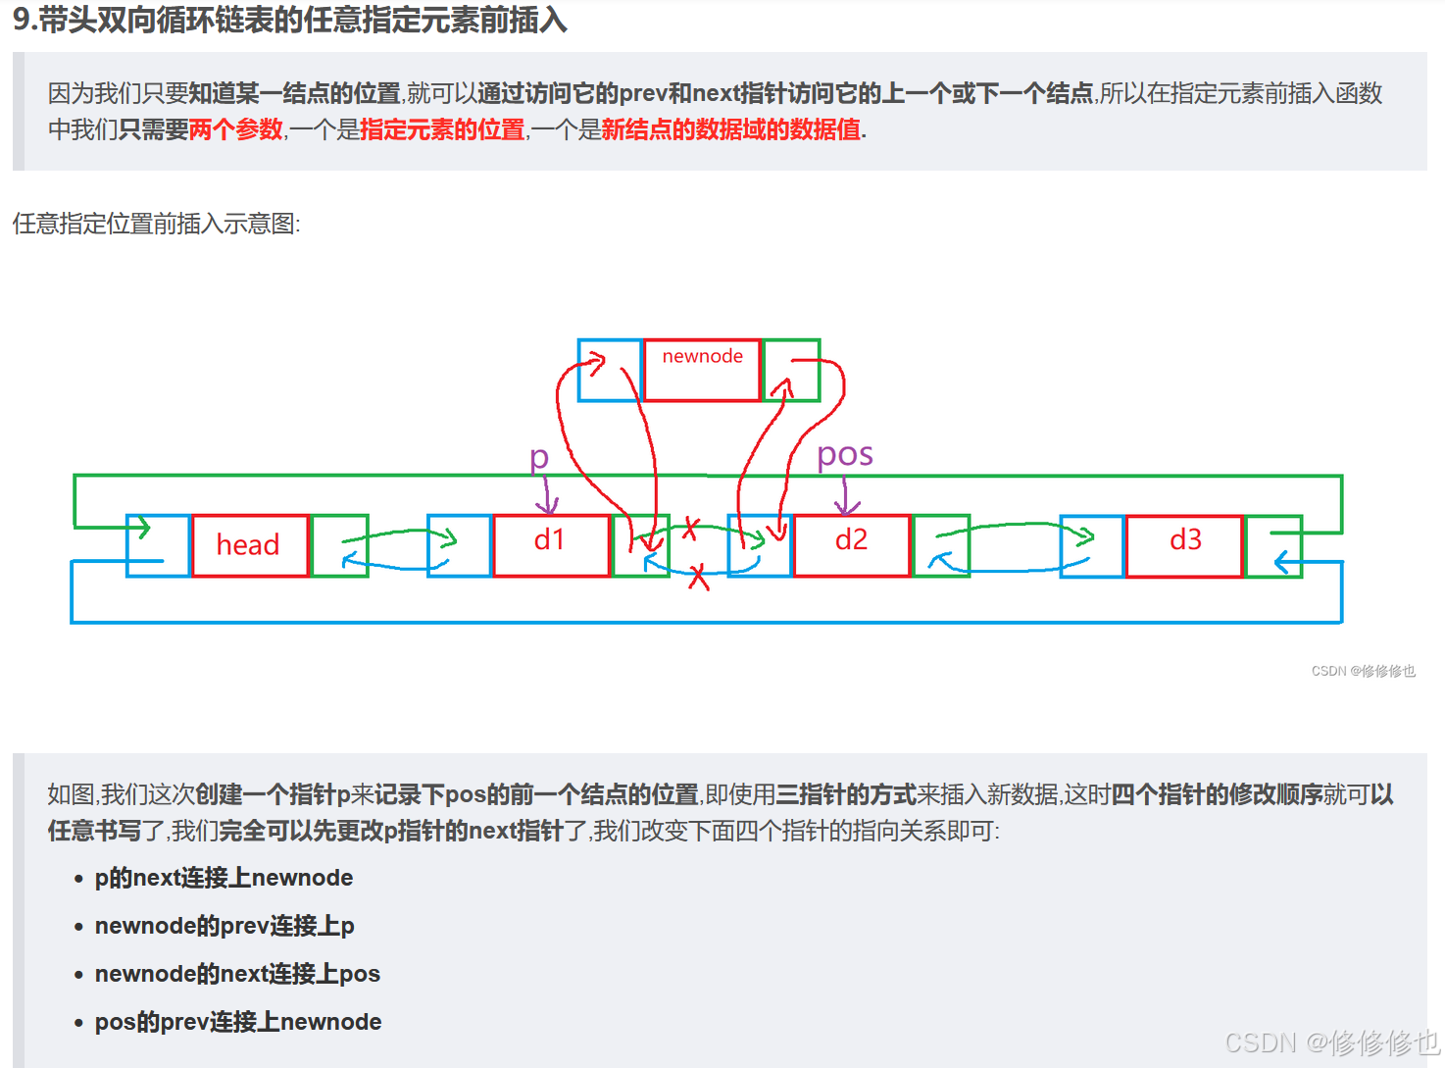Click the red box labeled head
(249, 545)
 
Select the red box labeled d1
(551, 545)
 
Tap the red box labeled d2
(851, 545)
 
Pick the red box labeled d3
(1184, 545)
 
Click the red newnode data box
(702, 370)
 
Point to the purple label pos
(844, 454)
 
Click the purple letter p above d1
(538, 458)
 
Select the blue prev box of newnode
(609, 371)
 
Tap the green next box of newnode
(791, 371)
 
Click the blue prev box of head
(158, 545)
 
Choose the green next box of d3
(1273, 545)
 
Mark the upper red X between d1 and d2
(690, 529)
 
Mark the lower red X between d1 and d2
(698, 577)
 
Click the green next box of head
(339, 545)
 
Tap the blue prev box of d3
(1092, 545)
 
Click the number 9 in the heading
(22, 19)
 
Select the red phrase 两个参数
(235, 129)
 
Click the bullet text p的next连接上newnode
(224, 878)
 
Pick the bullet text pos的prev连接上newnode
(238, 1022)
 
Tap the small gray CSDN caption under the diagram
(1363, 671)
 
